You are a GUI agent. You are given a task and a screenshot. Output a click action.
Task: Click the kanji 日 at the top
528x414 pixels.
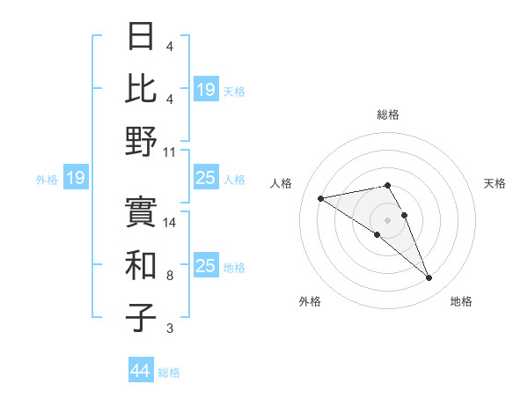pyautogui.click(x=142, y=37)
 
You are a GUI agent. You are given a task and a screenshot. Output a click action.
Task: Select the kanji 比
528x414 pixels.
pyautogui.click(x=142, y=89)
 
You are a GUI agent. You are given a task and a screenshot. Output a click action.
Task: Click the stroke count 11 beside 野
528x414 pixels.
pyautogui.click(x=171, y=152)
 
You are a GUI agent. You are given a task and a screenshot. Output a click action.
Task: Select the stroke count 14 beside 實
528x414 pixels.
pyautogui.click(x=171, y=223)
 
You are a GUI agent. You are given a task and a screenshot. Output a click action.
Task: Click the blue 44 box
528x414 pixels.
pyautogui.click(x=141, y=371)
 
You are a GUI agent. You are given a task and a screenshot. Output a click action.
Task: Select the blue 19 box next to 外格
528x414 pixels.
pyautogui.click(x=75, y=179)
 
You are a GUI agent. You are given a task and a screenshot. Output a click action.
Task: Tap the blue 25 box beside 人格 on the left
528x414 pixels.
pyautogui.click(x=205, y=179)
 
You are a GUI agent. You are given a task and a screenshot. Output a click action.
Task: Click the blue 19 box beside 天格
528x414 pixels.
pyautogui.click(x=205, y=90)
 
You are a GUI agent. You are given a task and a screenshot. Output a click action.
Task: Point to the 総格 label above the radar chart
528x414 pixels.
pyautogui.click(x=387, y=115)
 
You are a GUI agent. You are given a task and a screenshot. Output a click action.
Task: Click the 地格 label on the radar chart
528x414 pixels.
pyautogui.click(x=461, y=302)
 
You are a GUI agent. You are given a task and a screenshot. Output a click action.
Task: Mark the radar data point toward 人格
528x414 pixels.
pyautogui.click(x=321, y=197)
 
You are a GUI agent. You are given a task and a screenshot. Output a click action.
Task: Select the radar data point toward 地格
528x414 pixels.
pyautogui.click(x=429, y=278)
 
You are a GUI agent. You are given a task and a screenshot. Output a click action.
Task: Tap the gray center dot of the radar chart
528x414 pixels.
pyautogui.click(x=387, y=219)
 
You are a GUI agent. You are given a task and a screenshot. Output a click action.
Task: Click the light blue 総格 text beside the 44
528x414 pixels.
pyautogui.click(x=169, y=373)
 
